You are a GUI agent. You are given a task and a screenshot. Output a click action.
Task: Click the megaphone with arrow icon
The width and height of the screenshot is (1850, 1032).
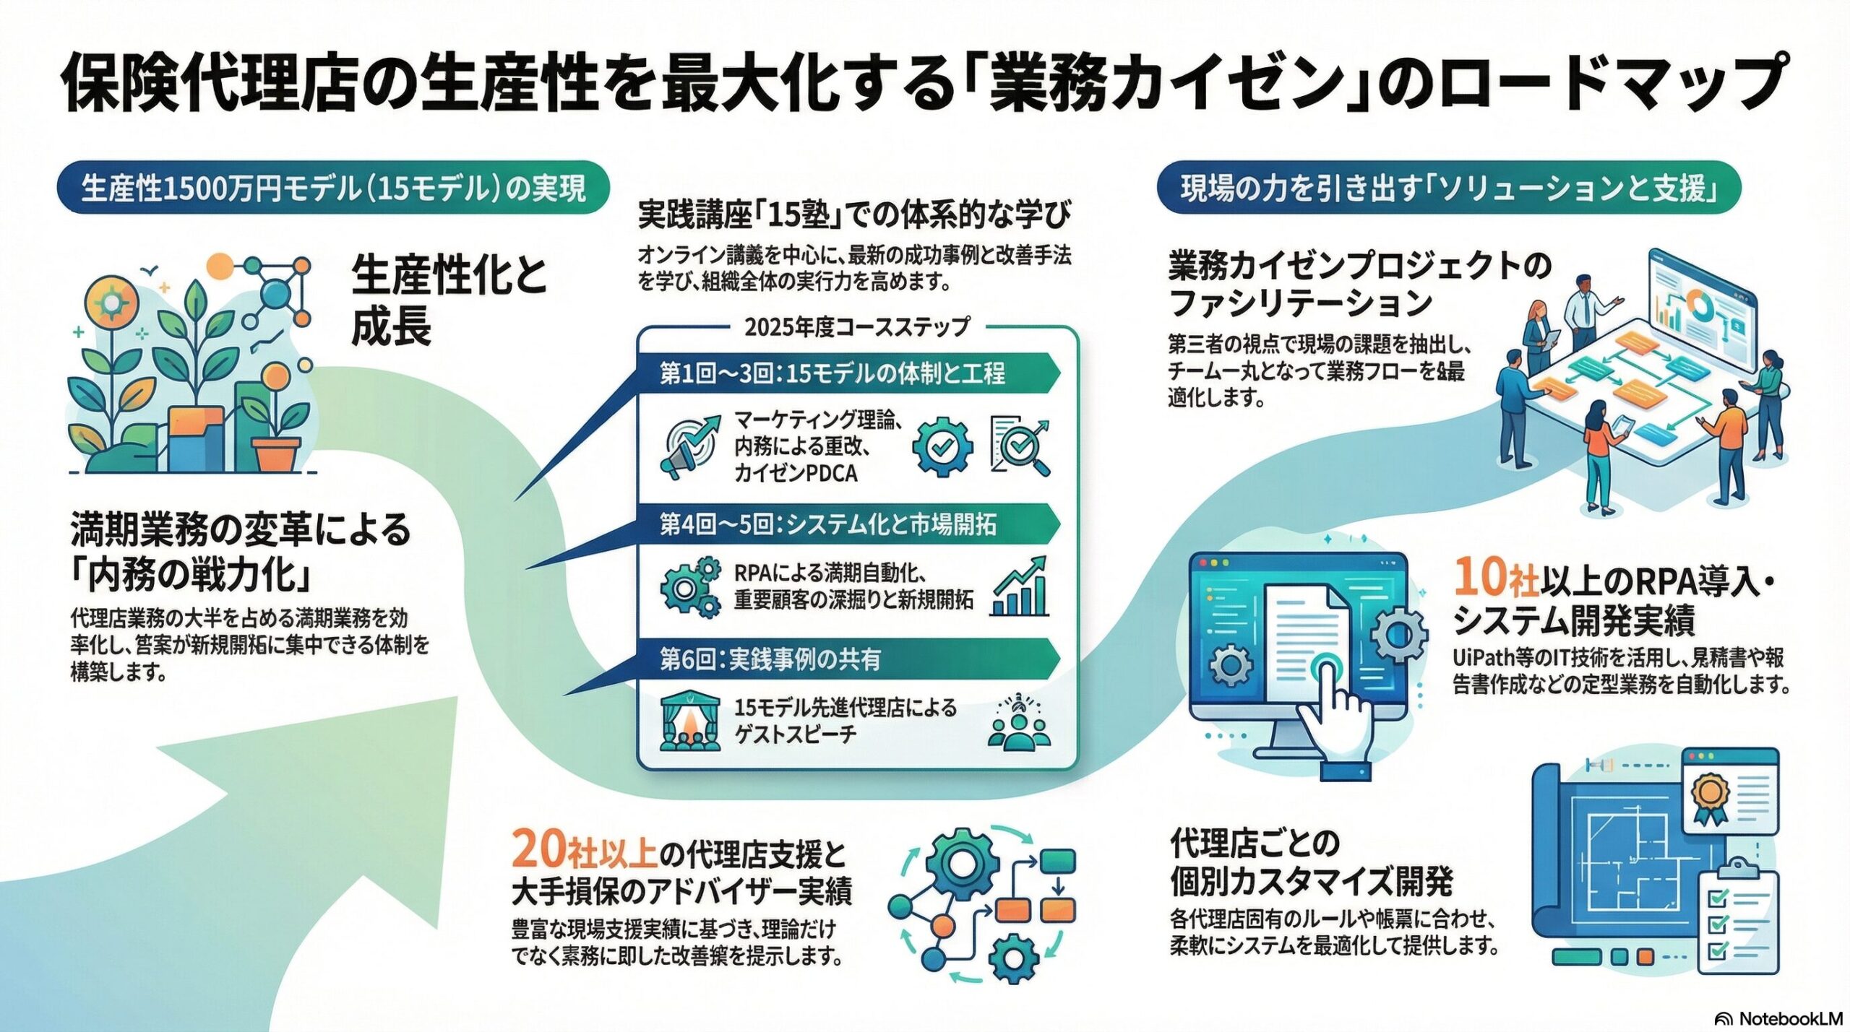point(689,446)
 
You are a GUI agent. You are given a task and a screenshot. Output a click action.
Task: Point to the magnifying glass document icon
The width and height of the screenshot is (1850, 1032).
point(1020,446)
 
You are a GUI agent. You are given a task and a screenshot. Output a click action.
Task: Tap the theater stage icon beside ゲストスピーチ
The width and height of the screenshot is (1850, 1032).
point(690,721)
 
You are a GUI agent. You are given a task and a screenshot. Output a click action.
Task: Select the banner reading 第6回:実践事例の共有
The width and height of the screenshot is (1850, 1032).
point(770,659)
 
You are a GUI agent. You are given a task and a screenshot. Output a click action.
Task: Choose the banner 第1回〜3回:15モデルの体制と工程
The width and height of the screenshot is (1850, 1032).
point(831,373)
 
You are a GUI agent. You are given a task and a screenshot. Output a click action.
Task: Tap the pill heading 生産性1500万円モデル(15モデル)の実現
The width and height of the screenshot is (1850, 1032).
point(333,188)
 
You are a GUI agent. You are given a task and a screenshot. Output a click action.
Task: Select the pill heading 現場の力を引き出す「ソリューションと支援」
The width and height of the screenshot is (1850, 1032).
point(1448,188)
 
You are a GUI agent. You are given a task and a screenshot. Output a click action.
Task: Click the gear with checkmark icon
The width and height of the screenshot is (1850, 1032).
point(941,446)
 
